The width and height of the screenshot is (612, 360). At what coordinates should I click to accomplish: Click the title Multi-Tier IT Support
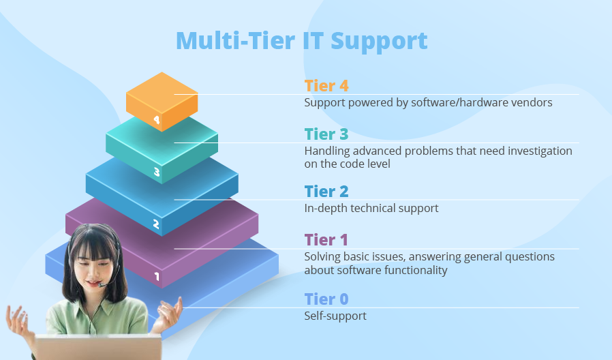302,42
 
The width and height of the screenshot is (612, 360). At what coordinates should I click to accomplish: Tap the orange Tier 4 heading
326,86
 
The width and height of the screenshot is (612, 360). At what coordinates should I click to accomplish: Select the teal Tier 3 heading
326,134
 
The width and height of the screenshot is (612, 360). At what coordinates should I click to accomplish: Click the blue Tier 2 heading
326,192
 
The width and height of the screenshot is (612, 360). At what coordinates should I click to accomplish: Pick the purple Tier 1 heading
326,240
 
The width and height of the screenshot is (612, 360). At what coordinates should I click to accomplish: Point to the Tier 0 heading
326,299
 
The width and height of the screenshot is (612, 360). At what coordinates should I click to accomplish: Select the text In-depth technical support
371,209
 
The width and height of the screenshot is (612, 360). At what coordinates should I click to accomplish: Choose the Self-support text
335,316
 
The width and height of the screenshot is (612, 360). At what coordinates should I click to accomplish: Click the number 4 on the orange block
157,119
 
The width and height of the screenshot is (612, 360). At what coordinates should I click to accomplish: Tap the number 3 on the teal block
157,172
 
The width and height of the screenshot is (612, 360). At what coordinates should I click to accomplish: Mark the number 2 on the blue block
156,224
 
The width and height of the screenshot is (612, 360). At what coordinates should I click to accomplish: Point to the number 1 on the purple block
157,276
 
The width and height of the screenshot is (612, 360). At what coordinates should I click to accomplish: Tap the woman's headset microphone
102,286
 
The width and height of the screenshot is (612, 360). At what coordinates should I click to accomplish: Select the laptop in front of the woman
97,347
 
